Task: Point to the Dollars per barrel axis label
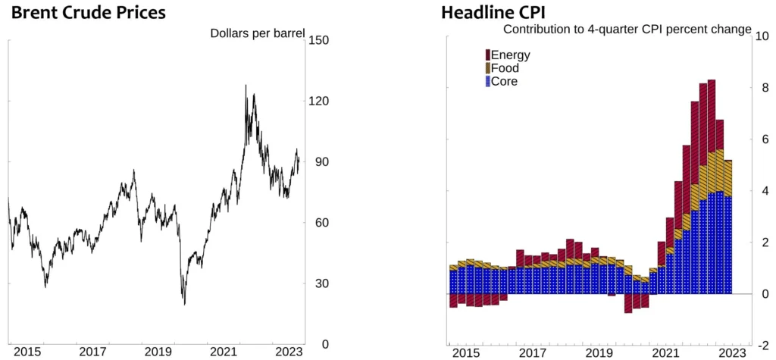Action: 257,33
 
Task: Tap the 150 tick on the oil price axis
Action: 318,40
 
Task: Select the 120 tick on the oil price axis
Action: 318,101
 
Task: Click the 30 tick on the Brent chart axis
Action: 315,283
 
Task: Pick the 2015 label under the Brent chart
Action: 27,352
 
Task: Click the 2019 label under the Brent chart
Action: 158,352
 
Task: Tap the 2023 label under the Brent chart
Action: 289,352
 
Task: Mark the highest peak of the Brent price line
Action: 246,86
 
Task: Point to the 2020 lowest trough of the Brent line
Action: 185,304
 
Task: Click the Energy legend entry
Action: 509,55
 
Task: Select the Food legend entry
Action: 505,68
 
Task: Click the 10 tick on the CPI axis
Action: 763,36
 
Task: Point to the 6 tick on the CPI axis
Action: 761,139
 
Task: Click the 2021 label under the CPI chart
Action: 665,352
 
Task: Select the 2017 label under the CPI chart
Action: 533,352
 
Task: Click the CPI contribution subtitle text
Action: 627,30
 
